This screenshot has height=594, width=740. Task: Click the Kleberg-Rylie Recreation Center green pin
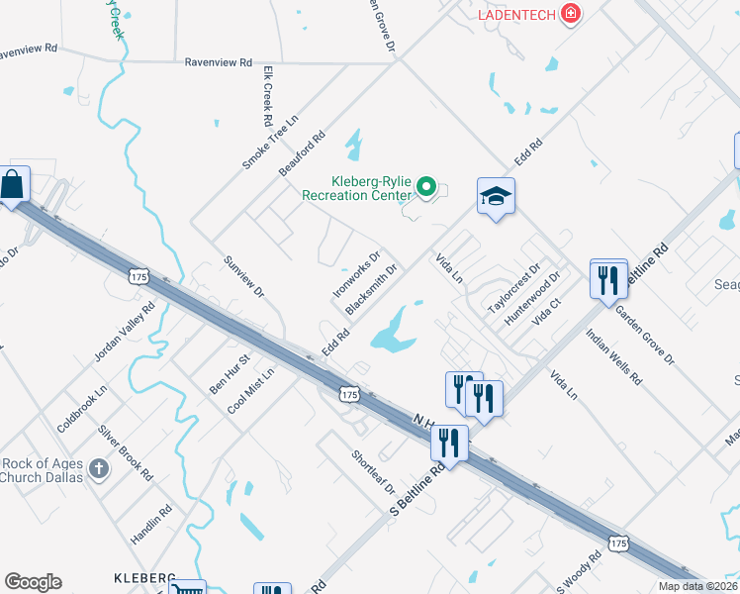pos(426,186)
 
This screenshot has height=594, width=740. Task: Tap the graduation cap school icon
pos(496,197)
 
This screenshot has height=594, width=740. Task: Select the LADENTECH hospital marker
pos(570,14)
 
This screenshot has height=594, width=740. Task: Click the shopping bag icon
pos(14,184)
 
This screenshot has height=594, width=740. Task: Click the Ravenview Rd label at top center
pos(218,61)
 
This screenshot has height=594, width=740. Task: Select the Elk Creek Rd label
pos(267,96)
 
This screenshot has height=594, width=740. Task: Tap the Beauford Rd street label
pos(302,154)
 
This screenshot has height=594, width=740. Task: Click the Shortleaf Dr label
pos(374,473)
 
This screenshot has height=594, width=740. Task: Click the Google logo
pos(33,582)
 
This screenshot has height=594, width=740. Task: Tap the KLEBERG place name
pos(143,577)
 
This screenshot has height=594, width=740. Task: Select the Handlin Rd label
pos(151,525)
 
